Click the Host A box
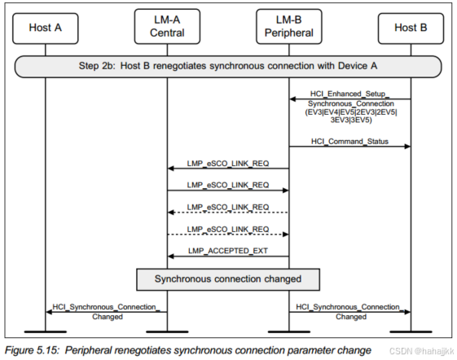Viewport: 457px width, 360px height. (45, 27)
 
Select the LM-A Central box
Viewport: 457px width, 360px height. (167, 27)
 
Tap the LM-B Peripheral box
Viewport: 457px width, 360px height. (289, 27)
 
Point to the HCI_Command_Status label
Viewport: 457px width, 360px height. (349, 142)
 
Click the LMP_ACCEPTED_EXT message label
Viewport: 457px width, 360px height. (228, 250)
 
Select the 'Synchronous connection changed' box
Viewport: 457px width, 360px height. (228, 279)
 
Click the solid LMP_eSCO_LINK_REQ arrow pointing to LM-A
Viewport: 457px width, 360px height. (228, 169)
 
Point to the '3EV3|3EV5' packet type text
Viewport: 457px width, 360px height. (349, 120)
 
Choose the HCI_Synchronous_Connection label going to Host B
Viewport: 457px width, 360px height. (349, 307)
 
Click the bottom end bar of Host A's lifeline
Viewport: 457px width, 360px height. (45, 331)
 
